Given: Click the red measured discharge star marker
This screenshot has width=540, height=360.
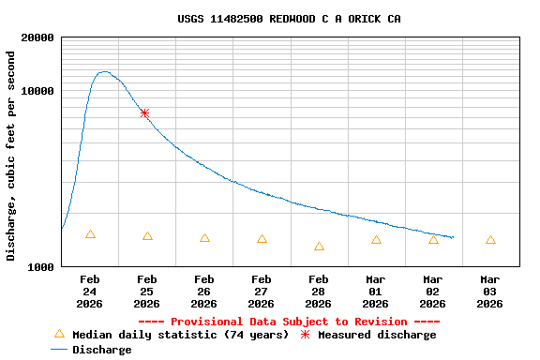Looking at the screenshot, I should click(x=144, y=112).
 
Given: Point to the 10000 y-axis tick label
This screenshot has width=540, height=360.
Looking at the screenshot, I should click(x=37, y=91).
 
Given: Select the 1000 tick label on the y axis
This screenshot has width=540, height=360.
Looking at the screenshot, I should click(x=40, y=267).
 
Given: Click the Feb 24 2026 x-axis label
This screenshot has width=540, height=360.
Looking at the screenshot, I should click(x=90, y=292).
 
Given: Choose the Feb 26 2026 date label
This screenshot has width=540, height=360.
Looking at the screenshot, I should click(x=204, y=292).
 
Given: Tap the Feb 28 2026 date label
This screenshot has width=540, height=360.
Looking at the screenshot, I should click(x=319, y=292).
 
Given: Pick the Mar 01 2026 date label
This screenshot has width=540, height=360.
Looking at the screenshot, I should click(x=376, y=292).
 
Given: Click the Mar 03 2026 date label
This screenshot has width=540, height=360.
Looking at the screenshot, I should click(x=490, y=292).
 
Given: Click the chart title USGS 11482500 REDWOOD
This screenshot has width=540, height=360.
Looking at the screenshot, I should click(x=289, y=19).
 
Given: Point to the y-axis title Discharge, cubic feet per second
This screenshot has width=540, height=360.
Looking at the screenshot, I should click(x=11, y=156).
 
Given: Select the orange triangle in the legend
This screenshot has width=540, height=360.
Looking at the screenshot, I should click(x=59, y=334).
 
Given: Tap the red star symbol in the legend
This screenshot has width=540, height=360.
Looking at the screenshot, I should click(x=305, y=335).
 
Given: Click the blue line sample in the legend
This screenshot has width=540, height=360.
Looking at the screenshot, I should click(x=59, y=350).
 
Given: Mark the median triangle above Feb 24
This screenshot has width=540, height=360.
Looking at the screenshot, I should click(x=90, y=234).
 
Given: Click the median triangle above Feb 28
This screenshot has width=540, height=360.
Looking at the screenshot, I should click(x=319, y=247).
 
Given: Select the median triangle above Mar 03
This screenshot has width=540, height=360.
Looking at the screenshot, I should click(x=490, y=240).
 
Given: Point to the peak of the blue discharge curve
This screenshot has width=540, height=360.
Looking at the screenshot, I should click(x=103, y=71).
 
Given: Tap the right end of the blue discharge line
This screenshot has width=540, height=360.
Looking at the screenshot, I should click(x=453, y=237).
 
